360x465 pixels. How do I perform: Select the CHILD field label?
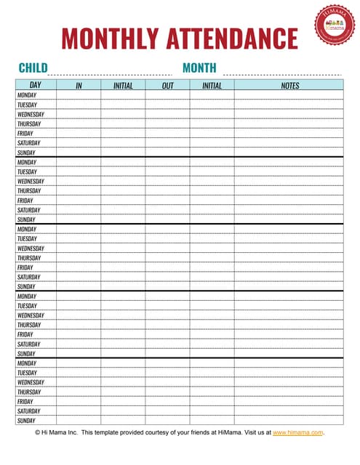point(33,68)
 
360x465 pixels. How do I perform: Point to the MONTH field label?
point(199,68)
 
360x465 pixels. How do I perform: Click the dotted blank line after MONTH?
point(282,73)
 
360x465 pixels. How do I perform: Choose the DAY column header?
point(36,86)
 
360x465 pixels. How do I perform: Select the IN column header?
point(79,86)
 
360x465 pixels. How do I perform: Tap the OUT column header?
point(167,86)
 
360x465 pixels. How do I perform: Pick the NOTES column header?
point(289,86)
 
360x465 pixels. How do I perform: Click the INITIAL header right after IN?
point(123,86)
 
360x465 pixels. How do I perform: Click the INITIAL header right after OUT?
point(212,86)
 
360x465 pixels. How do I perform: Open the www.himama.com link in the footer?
point(298,432)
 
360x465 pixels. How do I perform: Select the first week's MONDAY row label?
point(27,95)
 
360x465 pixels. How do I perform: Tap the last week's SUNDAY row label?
point(26,421)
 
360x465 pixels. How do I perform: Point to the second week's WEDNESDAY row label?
point(31,182)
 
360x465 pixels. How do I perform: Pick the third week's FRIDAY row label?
point(25,267)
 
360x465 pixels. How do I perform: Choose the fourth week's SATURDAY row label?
point(28,344)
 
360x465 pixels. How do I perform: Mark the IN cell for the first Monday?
point(79,95)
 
